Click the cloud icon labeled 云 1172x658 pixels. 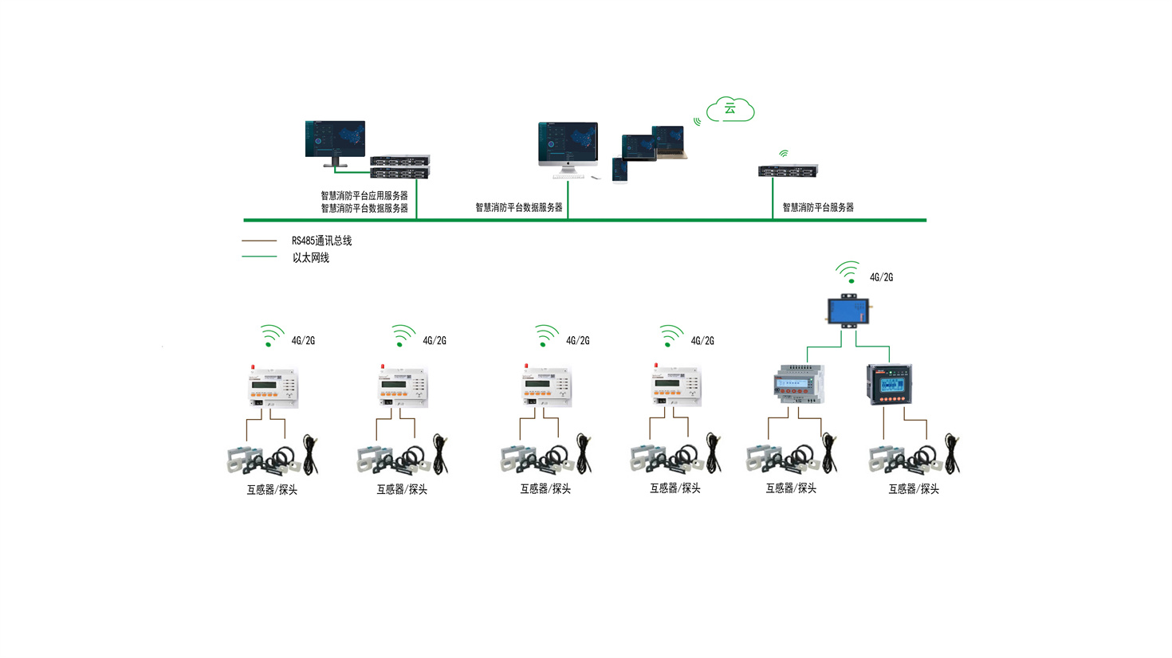[x=730, y=109]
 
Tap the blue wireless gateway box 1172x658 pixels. [x=848, y=310]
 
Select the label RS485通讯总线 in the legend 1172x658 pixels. [x=321, y=241]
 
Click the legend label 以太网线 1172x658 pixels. [x=310, y=257]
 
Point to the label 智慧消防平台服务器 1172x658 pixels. [x=817, y=207]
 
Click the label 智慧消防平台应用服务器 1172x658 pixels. [x=364, y=195]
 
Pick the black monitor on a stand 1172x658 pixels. [x=335, y=142]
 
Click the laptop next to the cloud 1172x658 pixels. [x=668, y=142]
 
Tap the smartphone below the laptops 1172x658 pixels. [x=619, y=170]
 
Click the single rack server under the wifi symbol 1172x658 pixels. [x=787, y=170]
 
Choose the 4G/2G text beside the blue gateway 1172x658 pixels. [x=881, y=277]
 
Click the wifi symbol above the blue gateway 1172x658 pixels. [x=848, y=272]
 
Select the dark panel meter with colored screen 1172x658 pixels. [x=889, y=384]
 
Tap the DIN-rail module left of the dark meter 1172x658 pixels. [x=799, y=384]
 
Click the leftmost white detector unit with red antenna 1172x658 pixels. [x=273, y=387]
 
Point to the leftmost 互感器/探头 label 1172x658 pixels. [x=272, y=490]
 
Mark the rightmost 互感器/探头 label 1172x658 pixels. [x=914, y=489]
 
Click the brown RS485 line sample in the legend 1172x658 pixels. [x=259, y=241]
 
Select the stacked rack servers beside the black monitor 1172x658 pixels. [x=399, y=166]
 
